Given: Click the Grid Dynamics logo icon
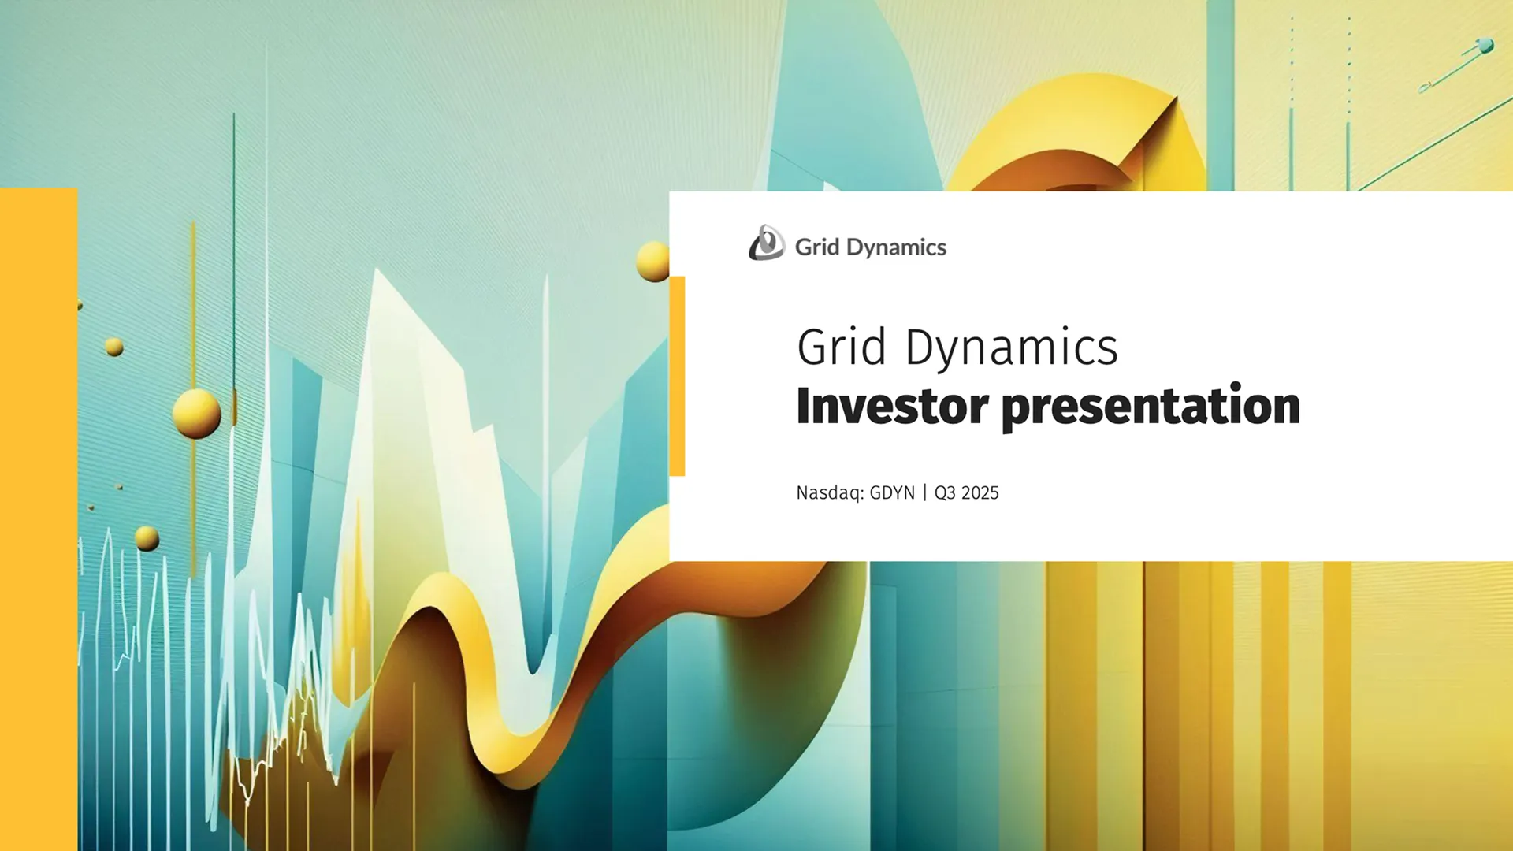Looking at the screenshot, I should pos(766,243).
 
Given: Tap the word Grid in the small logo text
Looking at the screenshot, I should pos(816,247).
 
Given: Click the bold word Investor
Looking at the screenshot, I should pos(892,406).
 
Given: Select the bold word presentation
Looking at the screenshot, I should pos(1151,407).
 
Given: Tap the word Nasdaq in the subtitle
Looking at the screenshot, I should pos(830,493).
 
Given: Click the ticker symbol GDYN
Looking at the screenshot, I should pos(892,493).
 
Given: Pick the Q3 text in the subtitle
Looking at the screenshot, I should pos(944,493).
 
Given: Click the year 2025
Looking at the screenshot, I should pos(980,493).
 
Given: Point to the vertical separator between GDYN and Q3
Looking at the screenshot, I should pos(925,493).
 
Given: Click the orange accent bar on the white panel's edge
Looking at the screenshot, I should pos(677,376).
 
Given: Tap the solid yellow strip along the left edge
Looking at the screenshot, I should pos(39,520).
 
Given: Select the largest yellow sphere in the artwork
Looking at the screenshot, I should pos(196,413).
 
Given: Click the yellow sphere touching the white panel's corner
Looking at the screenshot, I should pos(653,262).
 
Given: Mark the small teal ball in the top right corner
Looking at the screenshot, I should pos(1485,46).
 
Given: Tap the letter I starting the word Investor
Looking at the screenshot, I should pos(803,406).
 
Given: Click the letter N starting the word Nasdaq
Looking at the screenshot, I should pos(802,493).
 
